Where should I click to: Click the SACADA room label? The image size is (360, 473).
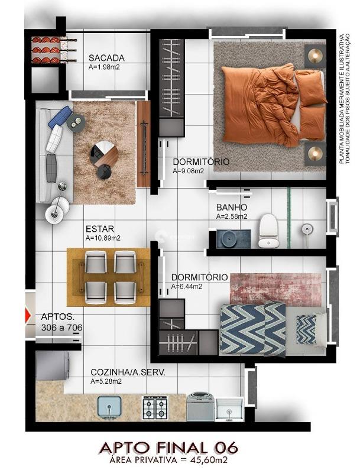pos(106,58)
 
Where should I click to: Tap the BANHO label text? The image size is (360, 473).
pos(231,208)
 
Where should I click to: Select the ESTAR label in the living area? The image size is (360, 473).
pos(100,229)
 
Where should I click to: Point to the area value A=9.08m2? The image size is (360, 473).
pos(189,171)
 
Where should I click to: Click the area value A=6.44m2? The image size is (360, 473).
pos(187,287)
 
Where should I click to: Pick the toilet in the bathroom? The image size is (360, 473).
pos(268,229)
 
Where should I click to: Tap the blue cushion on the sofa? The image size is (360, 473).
pos(60,116)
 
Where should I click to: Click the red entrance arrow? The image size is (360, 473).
pos(28,315)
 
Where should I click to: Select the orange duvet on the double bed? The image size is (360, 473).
pos(260,103)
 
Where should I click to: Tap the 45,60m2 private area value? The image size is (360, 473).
pos(207,459)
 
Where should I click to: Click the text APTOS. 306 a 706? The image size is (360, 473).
pos(61,322)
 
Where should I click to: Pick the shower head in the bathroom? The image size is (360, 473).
pos(306,228)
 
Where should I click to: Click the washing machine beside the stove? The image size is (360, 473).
pos(200,407)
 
